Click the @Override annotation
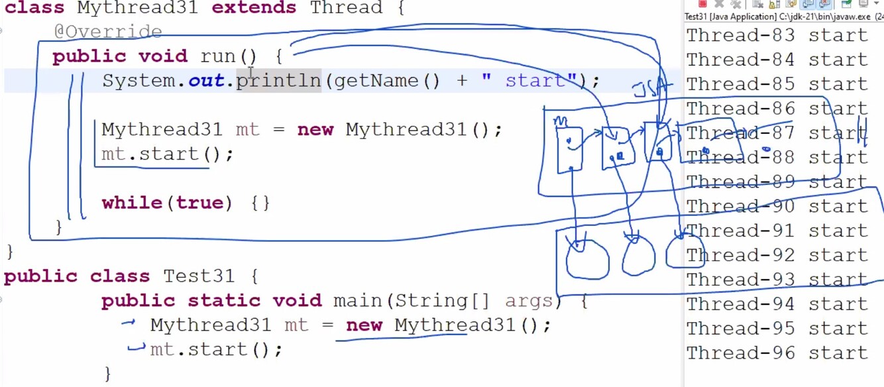click(x=108, y=31)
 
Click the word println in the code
click(x=278, y=81)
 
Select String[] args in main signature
click(x=474, y=301)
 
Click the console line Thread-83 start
click(x=777, y=35)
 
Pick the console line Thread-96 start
click(x=777, y=353)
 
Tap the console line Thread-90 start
click(x=777, y=206)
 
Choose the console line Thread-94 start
click(x=777, y=304)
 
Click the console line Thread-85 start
click(x=777, y=84)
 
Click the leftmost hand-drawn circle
click(x=587, y=259)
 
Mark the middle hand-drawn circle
click(x=638, y=256)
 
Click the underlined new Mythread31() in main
click(x=448, y=325)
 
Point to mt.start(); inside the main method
click(x=216, y=349)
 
